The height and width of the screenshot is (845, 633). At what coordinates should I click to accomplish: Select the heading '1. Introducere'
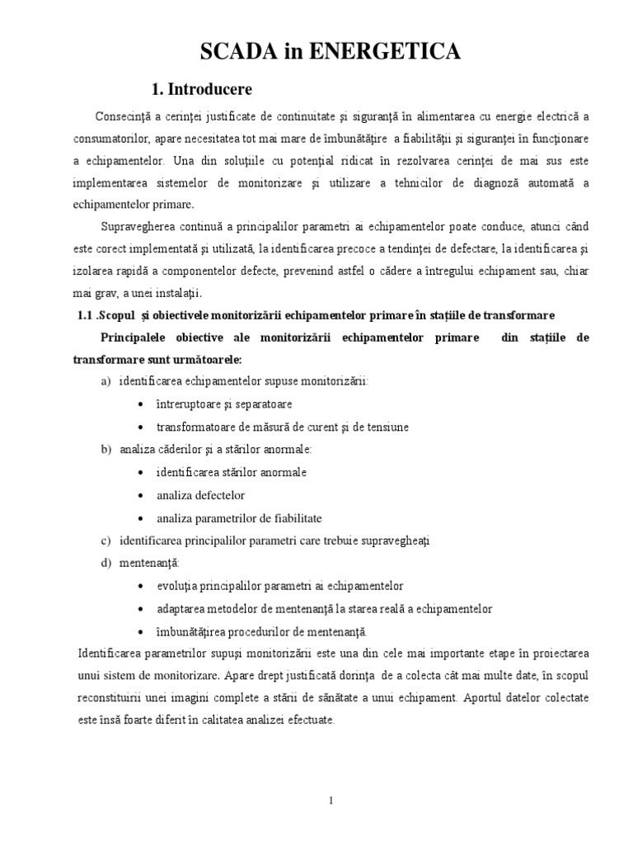click(199, 87)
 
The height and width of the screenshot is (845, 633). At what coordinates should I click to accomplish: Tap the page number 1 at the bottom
click(331, 800)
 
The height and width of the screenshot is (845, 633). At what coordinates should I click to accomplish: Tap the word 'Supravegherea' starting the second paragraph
click(136, 226)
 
